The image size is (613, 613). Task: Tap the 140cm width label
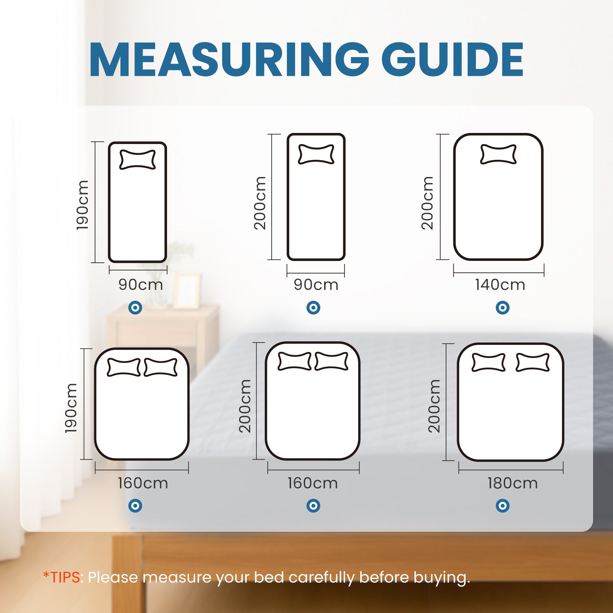tap(500, 285)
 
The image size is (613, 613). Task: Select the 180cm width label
tap(512, 483)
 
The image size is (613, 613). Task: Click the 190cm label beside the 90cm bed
tap(82, 205)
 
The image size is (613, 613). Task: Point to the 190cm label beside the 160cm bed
tap(71, 408)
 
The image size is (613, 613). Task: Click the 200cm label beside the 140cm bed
tap(427, 203)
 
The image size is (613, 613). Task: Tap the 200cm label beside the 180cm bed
tap(434, 406)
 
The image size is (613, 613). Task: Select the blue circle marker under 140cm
tap(502, 307)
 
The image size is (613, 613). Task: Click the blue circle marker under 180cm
tap(502, 506)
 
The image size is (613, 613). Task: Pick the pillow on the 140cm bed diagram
tap(498, 154)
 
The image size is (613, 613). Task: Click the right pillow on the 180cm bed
tap(533, 362)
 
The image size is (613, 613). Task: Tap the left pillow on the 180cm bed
tap(488, 362)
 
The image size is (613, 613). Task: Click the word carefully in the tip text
tap(322, 577)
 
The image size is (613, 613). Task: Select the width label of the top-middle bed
tap(316, 285)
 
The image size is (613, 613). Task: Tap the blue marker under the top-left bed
tap(135, 307)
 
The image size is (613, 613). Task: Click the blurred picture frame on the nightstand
tap(187, 291)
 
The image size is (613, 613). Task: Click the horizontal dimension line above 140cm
tap(498, 273)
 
